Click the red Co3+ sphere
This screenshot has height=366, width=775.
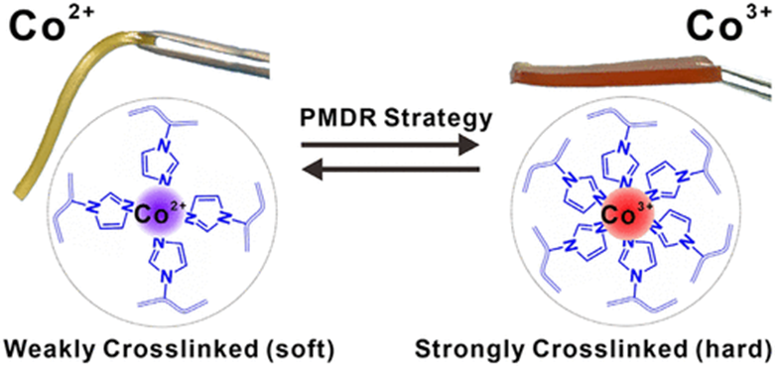coord(628,216)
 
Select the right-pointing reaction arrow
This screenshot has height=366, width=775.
coord(390,145)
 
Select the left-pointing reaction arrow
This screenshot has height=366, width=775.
coord(390,171)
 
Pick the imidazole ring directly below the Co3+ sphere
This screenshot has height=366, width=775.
coord(640,259)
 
